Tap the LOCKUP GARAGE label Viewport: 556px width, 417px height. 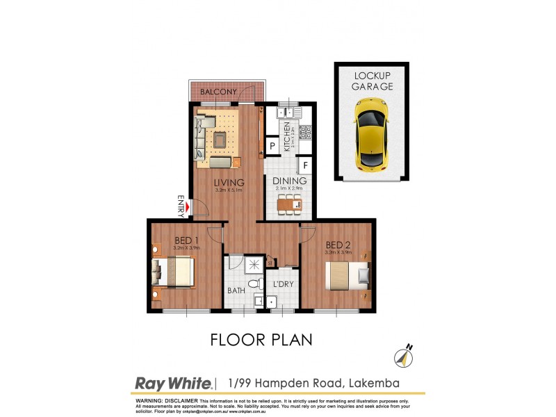pyautogui.click(x=373, y=81)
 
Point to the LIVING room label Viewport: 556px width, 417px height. pyautogui.click(x=229, y=182)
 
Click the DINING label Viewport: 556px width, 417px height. pyautogui.click(x=290, y=181)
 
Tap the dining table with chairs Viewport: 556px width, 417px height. pyautogui.click(x=290, y=204)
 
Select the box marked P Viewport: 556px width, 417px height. pyautogui.click(x=273, y=146)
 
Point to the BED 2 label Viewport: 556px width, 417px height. pyautogui.click(x=337, y=245)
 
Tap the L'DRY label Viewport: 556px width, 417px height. pyautogui.click(x=283, y=285)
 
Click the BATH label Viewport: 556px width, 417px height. pyautogui.click(x=236, y=291)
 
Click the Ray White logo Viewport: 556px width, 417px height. pyautogui.click(x=172, y=383)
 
